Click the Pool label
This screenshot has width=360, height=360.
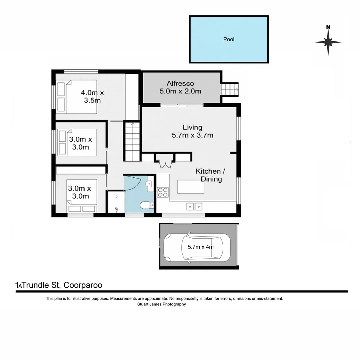coord(229,39)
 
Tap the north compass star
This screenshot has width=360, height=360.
coord(328,42)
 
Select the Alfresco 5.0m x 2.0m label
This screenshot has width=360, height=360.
coord(180,87)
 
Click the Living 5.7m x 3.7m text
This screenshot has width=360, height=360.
coord(192,131)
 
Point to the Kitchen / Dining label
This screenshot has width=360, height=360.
coord(211,175)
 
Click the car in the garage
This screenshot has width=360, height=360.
coord(197,247)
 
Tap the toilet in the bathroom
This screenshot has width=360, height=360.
coord(146,205)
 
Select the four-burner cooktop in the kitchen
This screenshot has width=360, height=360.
coord(163,192)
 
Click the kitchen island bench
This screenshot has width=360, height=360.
coord(190,186)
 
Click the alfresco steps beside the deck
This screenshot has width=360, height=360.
coord(230,89)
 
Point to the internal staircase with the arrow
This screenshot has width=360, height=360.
coord(132,142)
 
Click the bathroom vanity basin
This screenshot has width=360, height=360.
coord(149,184)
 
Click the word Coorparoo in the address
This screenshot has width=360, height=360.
coord(83,285)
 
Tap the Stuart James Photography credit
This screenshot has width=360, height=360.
coord(162,304)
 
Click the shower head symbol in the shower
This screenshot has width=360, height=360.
coord(116,209)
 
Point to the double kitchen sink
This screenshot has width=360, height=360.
coord(194,207)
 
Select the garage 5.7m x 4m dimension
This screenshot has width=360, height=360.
coord(201,247)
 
